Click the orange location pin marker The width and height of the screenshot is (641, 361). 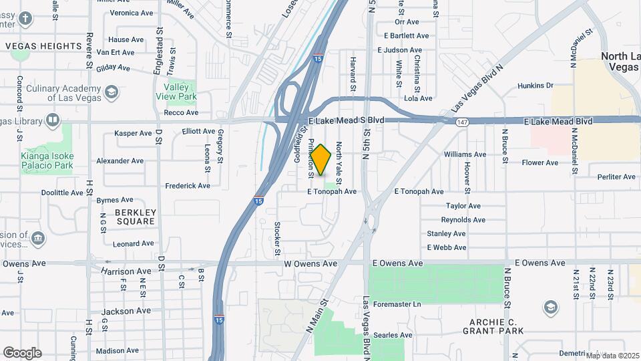[321, 160]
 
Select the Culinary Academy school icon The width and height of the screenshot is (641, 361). [112, 92]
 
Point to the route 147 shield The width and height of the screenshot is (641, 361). [463, 122]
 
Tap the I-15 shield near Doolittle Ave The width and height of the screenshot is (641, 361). [258, 199]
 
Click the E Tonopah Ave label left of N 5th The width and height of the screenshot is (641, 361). [332, 191]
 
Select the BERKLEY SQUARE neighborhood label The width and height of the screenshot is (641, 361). [136, 217]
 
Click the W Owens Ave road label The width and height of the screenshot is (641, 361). [310, 263]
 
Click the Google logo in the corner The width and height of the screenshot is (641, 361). [22, 353]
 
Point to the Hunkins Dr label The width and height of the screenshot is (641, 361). [536, 86]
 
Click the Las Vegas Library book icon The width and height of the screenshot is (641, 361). [53, 120]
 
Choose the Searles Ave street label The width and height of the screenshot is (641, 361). [393, 335]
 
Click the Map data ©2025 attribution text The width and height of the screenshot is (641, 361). [612, 355]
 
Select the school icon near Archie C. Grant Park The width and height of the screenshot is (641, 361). [551, 307]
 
